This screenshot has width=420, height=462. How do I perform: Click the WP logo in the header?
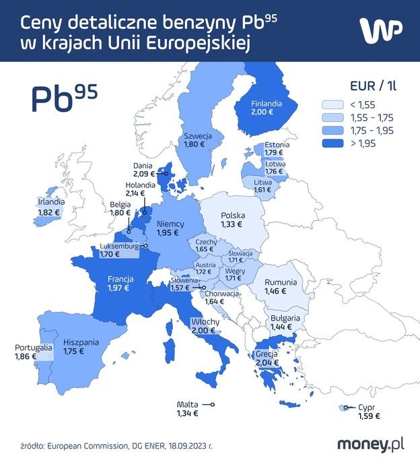click(x=380, y=31)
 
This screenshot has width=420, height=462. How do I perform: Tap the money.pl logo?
click(x=370, y=444)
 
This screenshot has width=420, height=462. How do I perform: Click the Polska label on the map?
click(x=234, y=216)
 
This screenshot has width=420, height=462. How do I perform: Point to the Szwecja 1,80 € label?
click(x=199, y=139)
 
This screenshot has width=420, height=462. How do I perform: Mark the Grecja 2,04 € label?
click(x=268, y=357)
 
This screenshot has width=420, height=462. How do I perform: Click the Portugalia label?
click(x=33, y=348)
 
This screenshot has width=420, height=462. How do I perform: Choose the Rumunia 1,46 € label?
click(x=281, y=287)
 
